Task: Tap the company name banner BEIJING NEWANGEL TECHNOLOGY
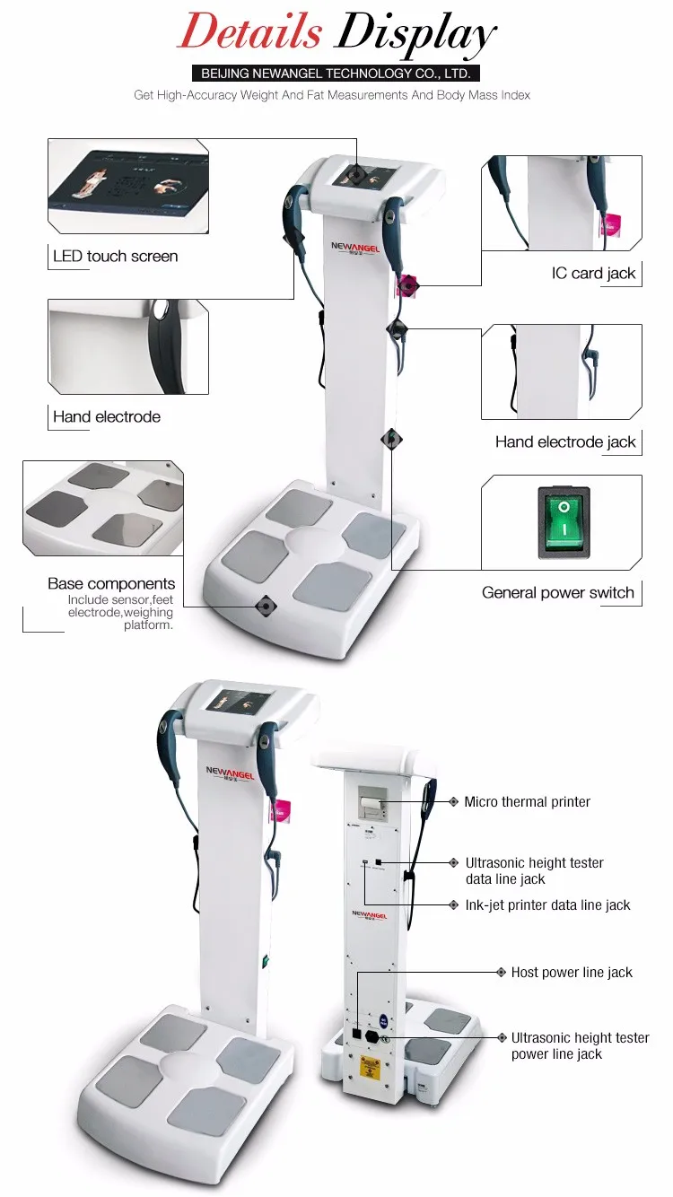click(x=336, y=74)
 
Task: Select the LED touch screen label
click(x=115, y=257)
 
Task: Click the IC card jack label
click(x=593, y=274)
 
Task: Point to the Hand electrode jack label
click(x=565, y=441)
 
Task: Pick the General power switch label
click(x=557, y=592)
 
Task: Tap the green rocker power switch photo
click(x=564, y=523)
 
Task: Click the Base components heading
click(x=111, y=584)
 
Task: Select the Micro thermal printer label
click(x=527, y=802)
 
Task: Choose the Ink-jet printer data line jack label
click(x=547, y=905)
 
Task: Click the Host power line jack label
click(x=572, y=973)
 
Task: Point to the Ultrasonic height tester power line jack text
click(x=580, y=1045)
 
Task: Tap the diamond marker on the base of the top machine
click(x=266, y=607)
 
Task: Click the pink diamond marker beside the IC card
click(x=409, y=285)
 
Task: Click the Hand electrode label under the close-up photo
click(x=106, y=417)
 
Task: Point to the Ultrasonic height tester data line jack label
click(x=534, y=871)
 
